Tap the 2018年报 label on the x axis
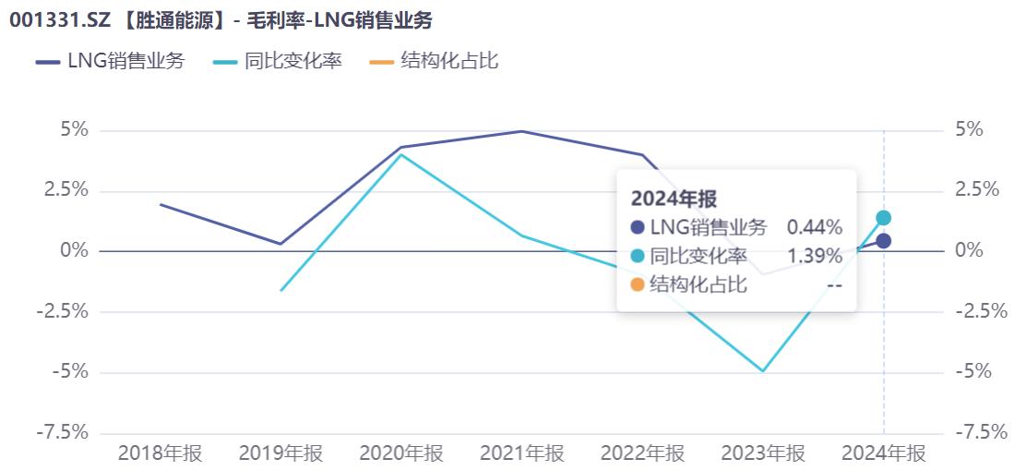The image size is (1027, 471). click(x=161, y=453)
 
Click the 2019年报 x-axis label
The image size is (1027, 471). click(x=281, y=453)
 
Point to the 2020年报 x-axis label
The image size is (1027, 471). click(x=401, y=453)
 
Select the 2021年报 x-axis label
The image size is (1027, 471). click(x=522, y=453)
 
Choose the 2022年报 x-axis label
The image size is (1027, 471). click(x=642, y=453)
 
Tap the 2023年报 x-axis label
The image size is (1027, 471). click(x=763, y=453)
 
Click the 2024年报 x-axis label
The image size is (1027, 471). click(x=883, y=453)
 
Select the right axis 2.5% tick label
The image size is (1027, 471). click(x=977, y=190)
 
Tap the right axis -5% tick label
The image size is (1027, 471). click(x=973, y=372)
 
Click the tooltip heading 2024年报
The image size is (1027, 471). click(x=674, y=198)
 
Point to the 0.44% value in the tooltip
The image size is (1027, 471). click(x=814, y=227)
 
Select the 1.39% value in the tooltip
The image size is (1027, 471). click(x=814, y=256)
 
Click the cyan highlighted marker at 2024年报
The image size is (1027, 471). click(x=883, y=218)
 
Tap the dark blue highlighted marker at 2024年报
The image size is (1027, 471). click(x=883, y=241)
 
